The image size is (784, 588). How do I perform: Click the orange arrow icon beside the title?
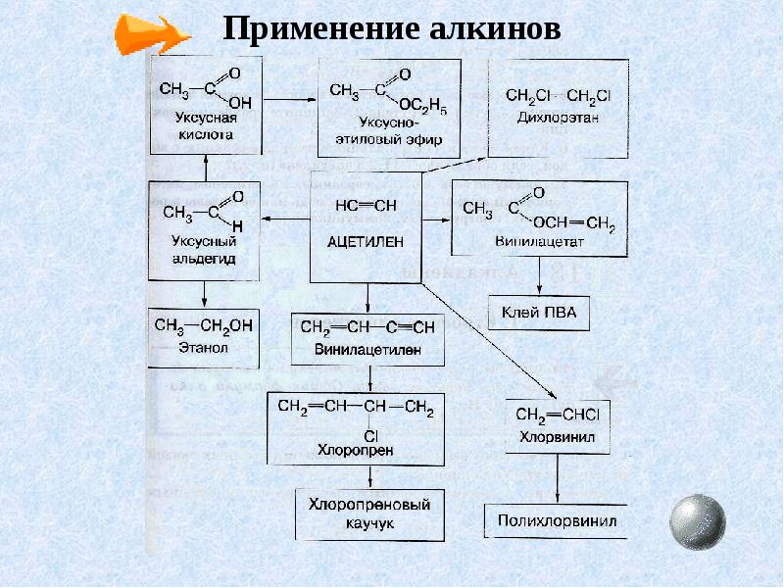click(152, 33)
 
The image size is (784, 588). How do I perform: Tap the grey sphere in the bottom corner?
click(697, 520)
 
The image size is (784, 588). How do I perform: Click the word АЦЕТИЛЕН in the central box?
click(367, 240)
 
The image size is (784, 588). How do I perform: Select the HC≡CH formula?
click(366, 205)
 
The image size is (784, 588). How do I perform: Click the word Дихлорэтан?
click(557, 117)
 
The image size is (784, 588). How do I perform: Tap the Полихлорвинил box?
click(557, 521)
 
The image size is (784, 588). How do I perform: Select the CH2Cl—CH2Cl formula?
click(558, 95)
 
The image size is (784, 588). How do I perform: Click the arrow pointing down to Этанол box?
click(204, 294)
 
